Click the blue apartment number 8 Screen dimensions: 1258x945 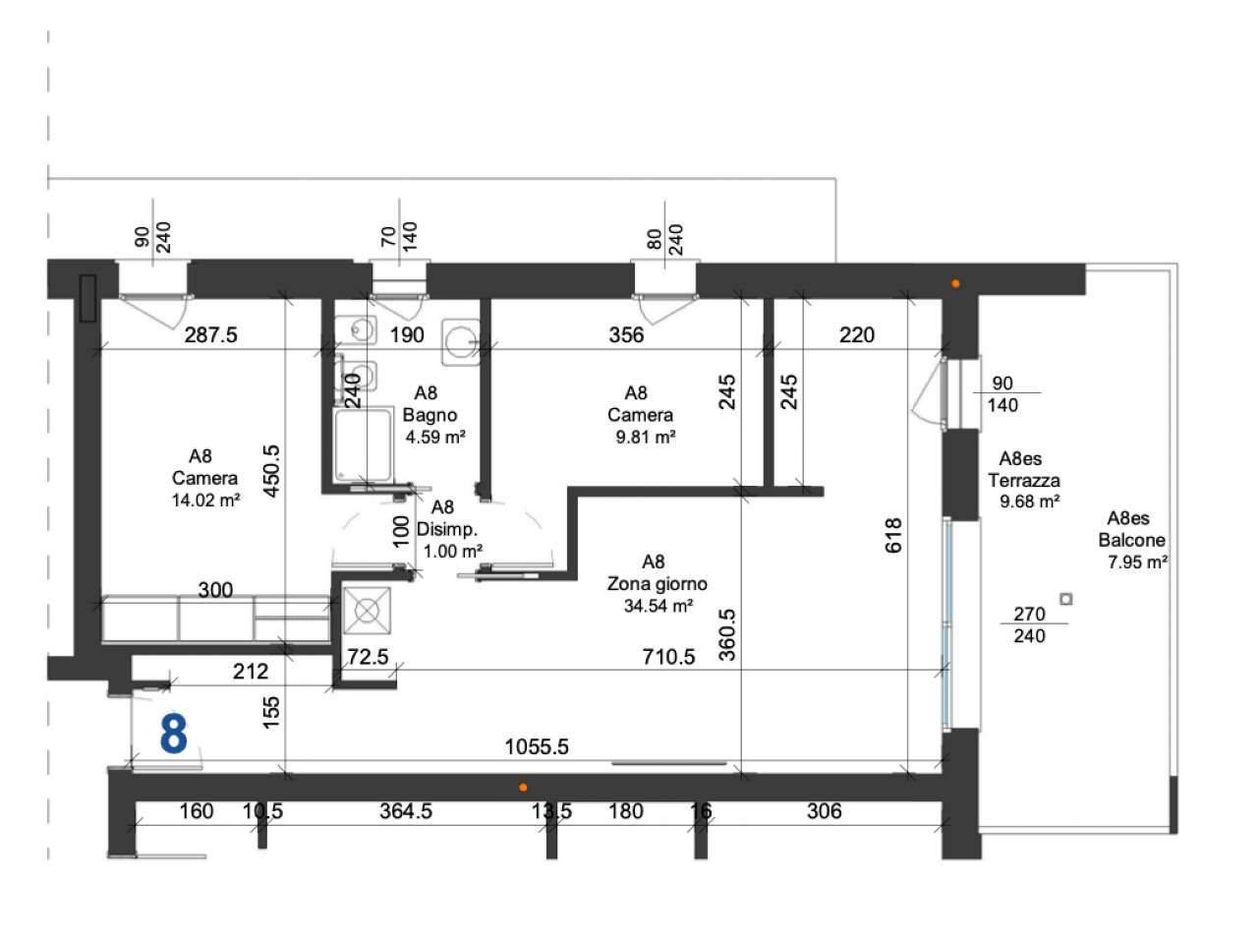pyautogui.click(x=173, y=734)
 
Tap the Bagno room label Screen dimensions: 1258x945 pyautogui.click(x=429, y=415)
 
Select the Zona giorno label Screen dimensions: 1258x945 pyautogui.click(x=657, y=584)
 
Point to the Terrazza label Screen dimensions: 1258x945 pyautogui.click(x=1023, y=480)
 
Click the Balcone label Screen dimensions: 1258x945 pyautogui.click(x=1131, y=540)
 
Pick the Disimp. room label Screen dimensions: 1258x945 pyautogui.click(x=447, y=529)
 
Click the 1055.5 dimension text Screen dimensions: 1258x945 pyautogui.click(x=537, y=746)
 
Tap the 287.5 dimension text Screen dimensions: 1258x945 pyautogui.click(x=210, y=335)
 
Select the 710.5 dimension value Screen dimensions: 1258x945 pyautogui.click(x=668, y=657)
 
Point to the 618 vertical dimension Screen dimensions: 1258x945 pyautogui.click(x=893, y=536)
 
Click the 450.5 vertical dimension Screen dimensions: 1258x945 pyautogui.click(x=271, y=471)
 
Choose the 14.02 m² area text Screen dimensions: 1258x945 pyautogui.click(x=205, y=501)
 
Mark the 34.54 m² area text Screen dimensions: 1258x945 pyautogui.click(x=658, y=606)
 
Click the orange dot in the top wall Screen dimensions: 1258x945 pyautogui.click(x=955, y=283)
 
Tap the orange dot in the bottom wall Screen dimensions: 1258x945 pyautogui.click(x=523, y=788)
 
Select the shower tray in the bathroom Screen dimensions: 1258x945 pyautogui.click(x=364, y=443)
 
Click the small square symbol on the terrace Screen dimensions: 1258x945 pyautogui.click(x=1066, y=599)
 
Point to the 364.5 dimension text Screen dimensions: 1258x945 pyautogui.click(x=406, y=811)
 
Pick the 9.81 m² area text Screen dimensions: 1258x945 pyautogui.click(x=646, y=437)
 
